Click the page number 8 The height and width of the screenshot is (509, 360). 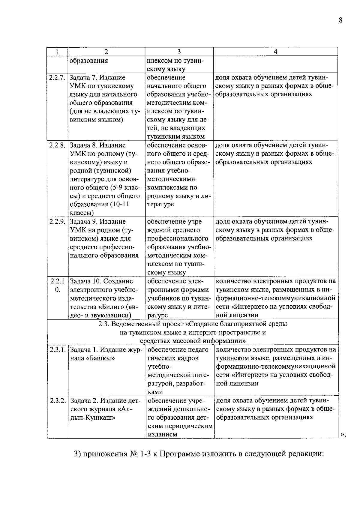click(x=340, y=20)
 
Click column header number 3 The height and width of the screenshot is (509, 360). click(x=179, y=52)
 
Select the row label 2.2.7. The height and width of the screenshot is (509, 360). click(x=57, y=78)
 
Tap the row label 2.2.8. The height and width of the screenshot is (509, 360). click(x=57, y=145)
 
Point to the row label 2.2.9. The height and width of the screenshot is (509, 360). click(x=57, y=222)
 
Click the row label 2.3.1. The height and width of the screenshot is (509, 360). click(x=57, y=350)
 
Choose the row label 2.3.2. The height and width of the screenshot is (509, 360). click(x=57, y=401)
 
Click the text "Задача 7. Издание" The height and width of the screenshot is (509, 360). click(x=97, y=78)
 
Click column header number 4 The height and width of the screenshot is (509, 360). click(x=275, y=52)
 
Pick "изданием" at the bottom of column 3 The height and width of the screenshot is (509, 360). click(x=162, y=434)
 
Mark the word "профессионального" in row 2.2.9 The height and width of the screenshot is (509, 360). click(x=178, y=238)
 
